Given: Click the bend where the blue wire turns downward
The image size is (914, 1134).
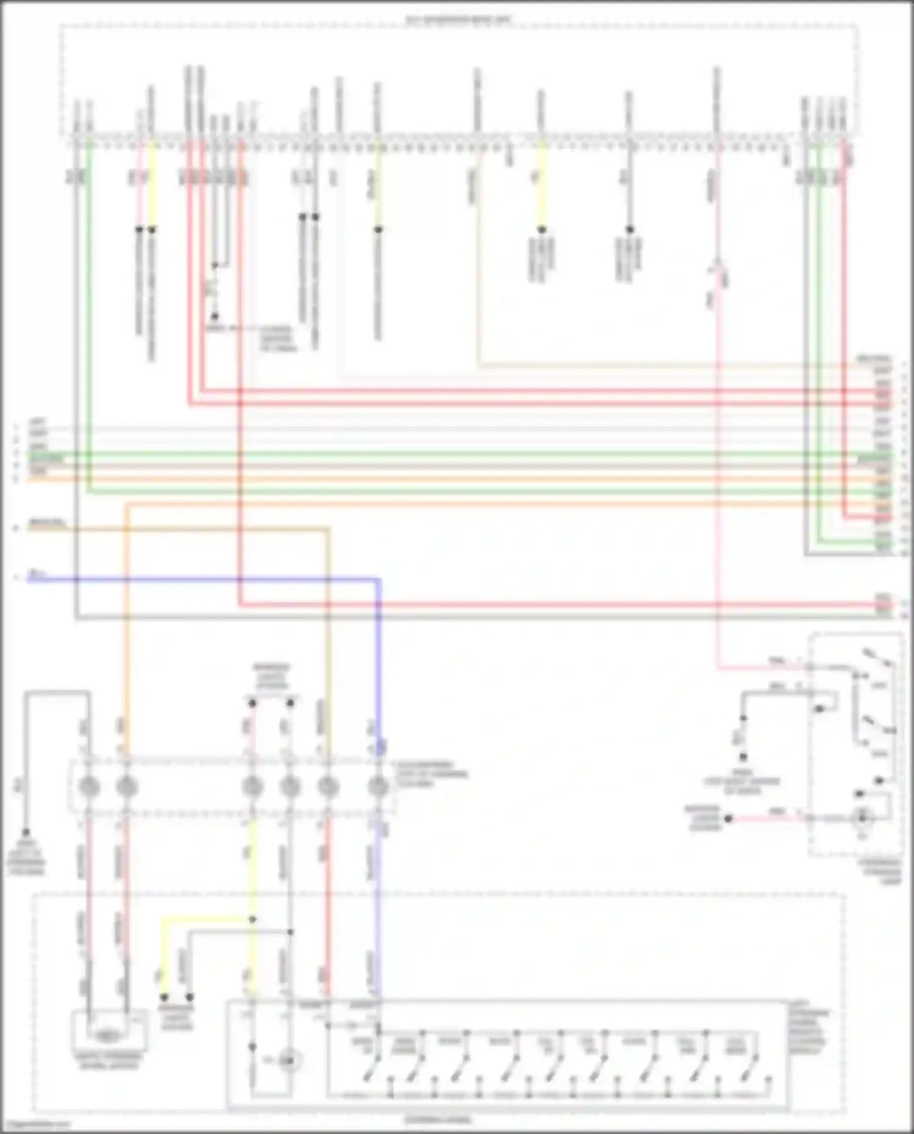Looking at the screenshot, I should click(x=378, y=580).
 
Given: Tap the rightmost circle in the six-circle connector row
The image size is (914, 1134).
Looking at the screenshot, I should click(x=378, y=787).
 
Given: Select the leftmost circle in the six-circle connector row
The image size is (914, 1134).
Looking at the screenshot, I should click(x=89, y=787).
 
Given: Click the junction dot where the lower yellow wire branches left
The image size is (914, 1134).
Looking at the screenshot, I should click(x=252, y=919).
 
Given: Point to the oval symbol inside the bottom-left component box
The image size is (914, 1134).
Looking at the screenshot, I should click(x=108, y=1034).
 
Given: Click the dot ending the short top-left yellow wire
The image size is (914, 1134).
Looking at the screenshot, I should click(x=152, y=230).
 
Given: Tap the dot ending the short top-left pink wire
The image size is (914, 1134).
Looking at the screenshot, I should click(x=139, y=230).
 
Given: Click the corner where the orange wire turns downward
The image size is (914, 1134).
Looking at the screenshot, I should click(x=127, y=505).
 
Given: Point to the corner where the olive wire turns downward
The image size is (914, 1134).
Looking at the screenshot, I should click(x=328, y=530).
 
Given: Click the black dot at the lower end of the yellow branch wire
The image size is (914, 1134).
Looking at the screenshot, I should click(x=164, y=998).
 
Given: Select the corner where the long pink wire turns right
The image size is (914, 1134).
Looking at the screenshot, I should click(x=718, y=668).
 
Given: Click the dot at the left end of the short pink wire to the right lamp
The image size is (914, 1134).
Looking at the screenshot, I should click(x=728, y=818).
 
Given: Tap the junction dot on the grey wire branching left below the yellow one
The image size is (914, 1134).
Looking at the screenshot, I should click(x=290, y=932).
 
